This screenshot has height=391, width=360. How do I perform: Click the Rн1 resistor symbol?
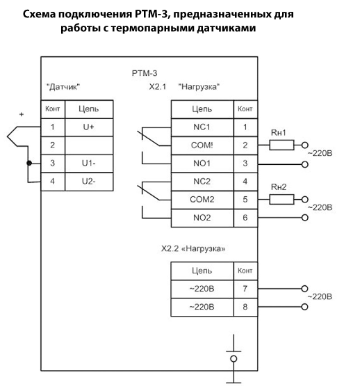click(281, 145)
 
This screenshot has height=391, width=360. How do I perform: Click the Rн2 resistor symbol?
click(281, 199)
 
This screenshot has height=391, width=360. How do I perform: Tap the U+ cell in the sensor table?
click(89, 127)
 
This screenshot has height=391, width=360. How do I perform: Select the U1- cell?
click(89, 163)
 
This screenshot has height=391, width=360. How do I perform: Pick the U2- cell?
click(89, 182)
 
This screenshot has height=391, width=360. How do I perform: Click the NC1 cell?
click(202, 127)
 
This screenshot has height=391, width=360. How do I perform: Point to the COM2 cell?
click(202, 200)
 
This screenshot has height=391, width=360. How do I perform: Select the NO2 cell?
click(202, 218)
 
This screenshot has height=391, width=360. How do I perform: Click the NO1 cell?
click(202, 163)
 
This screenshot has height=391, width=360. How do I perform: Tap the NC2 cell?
click(202, 182)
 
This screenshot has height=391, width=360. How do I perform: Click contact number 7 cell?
click(245, 289)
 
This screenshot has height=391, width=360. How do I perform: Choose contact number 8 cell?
click(245, 307)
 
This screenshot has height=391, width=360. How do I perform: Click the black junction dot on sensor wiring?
click(29, 163)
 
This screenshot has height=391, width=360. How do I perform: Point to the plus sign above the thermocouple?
click(22, 115)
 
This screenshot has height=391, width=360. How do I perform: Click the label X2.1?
click(158, 87)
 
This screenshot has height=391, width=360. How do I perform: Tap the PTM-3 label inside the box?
click(145, 73)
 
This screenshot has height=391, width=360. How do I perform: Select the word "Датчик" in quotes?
click(63, 87)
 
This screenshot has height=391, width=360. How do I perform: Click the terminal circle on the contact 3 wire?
click(304, 164)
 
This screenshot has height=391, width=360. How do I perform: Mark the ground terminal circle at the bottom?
click(234, 358)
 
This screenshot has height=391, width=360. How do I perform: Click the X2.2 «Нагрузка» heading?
click(193, 249)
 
